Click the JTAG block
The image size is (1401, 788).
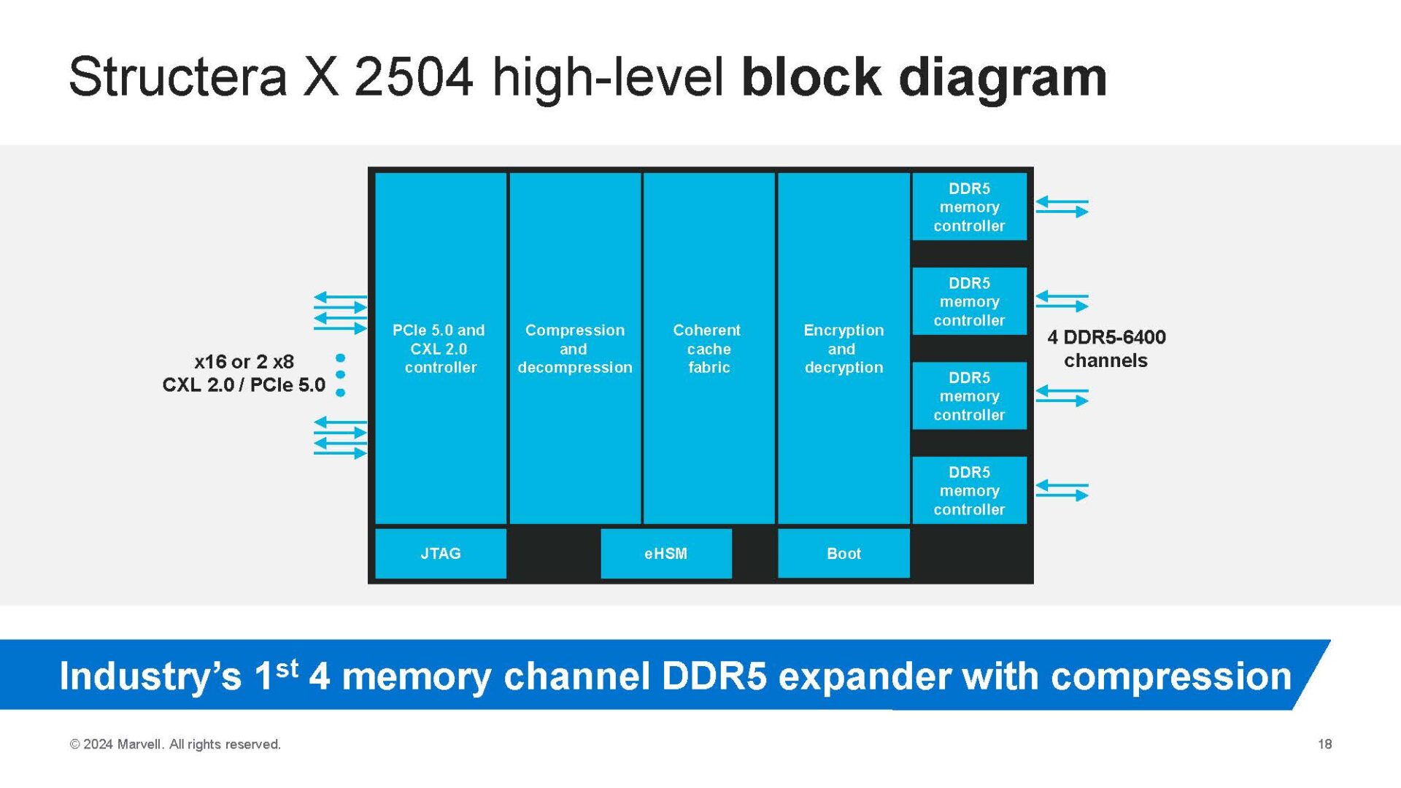[x=440, y=553]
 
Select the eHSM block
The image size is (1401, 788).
[x=665, y=553]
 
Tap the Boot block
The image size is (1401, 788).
[x=844, y=553]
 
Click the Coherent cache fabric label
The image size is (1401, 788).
[x=707, y=349]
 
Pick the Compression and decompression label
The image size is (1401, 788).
[x=574, y=349]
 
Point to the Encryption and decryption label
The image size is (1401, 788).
[x=844, y=349]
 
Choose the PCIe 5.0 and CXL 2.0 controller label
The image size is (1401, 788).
[x=439, y=349]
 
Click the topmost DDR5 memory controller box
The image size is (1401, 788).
[x=969, y=207]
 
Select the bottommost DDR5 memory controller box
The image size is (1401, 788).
[x=969, y=490]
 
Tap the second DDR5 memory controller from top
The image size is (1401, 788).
[x=969, y=301]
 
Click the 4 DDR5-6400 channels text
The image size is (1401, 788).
[x=1105, y=349]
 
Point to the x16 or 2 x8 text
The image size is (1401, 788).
[x=244, y=362]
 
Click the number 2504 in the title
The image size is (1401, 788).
[x=413, y=77]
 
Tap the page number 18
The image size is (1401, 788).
[x=1324, y=744]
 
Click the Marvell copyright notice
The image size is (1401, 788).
[x=175, y=744]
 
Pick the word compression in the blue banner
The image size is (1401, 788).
[x=1171, y=676]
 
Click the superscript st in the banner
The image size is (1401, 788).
[x=287, y=667]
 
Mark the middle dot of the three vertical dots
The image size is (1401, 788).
[x=340, y=375]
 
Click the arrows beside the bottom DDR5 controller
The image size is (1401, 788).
[x=1062, y=490]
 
